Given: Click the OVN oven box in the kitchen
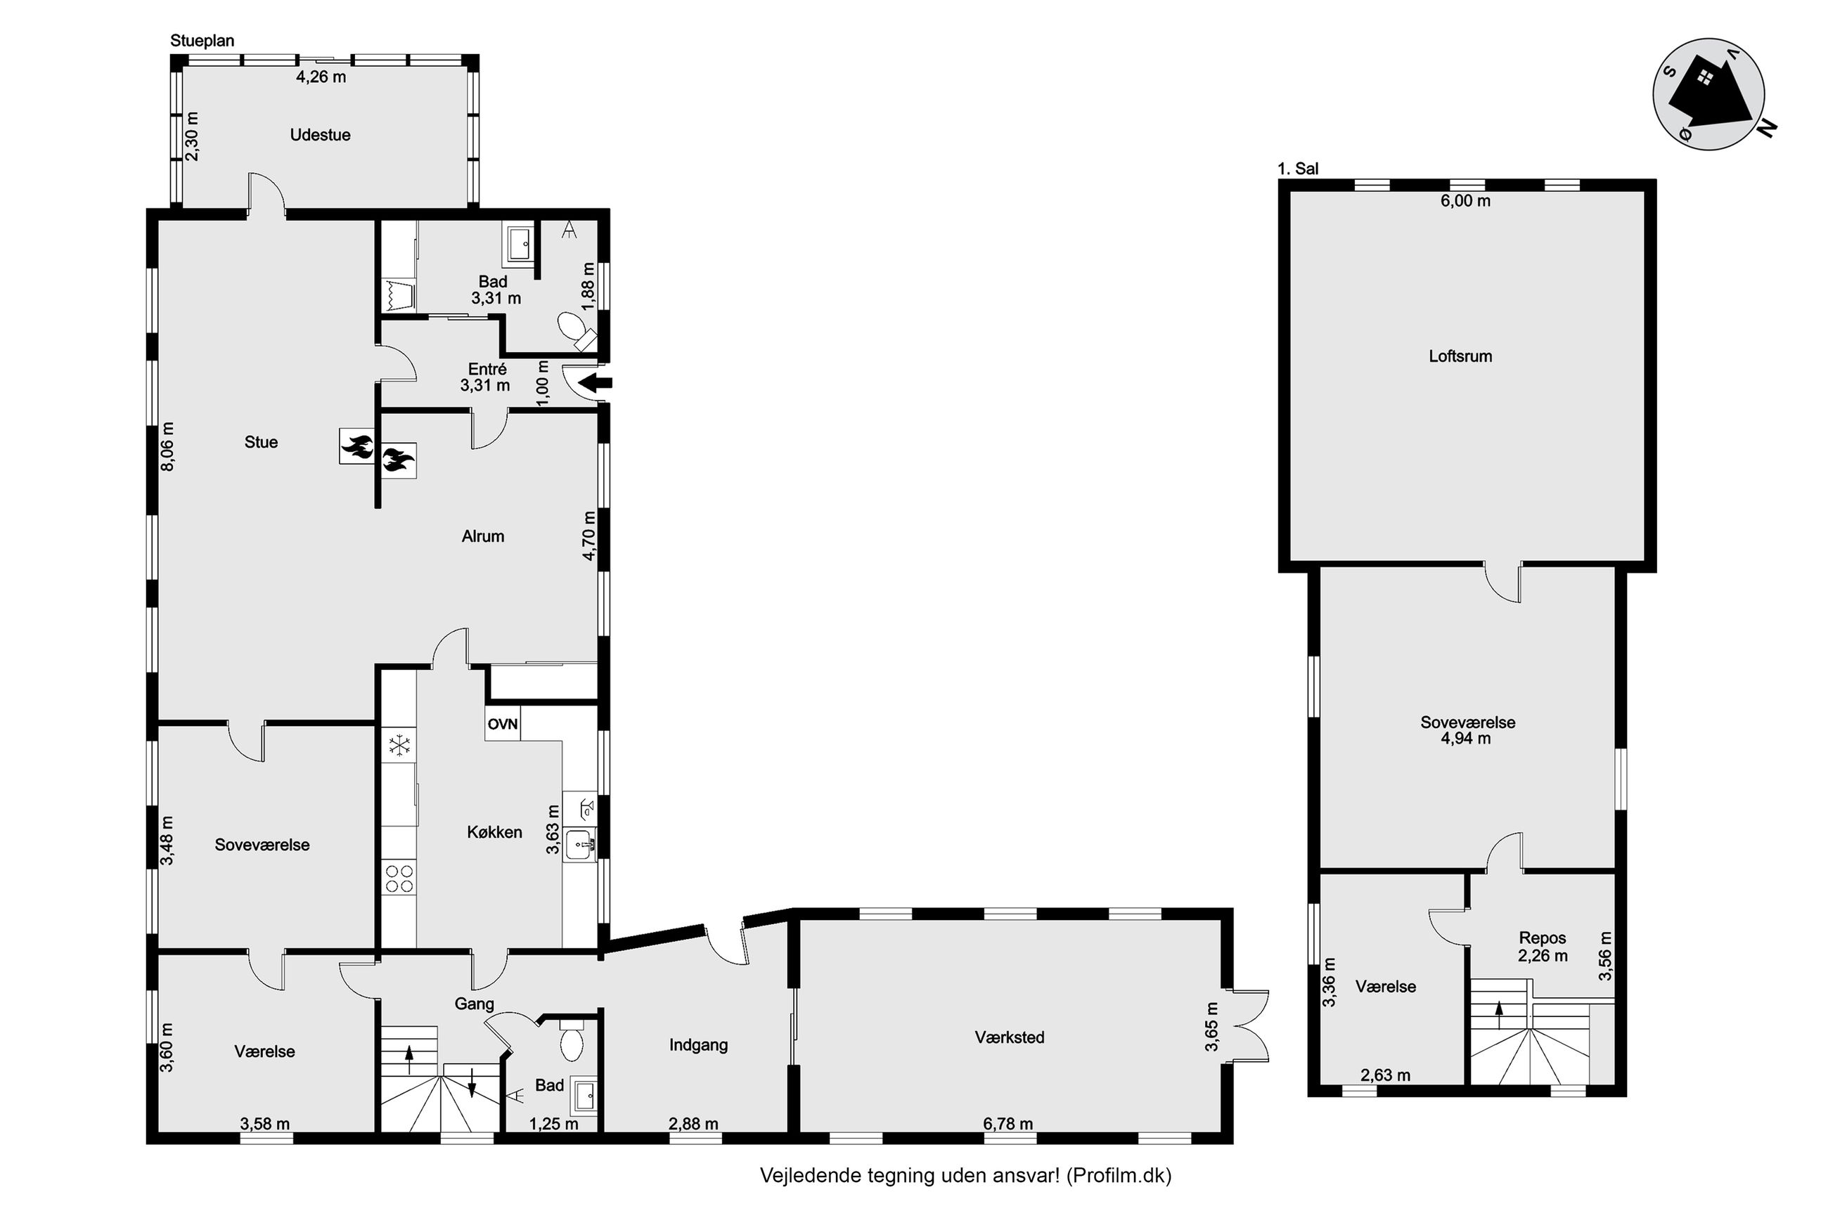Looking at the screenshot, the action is [x=503, y=723].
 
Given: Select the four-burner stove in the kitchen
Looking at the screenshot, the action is [x=399, y=878].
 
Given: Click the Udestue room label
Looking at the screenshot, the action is [x=320, y=134].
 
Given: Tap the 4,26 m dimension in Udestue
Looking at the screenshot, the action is [x=321, y=76].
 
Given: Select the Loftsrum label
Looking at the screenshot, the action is [x=1460, y=356].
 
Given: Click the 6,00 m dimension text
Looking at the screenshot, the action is [x=1465, y=200].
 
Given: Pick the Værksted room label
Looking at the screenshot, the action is [x=1009, y=1037].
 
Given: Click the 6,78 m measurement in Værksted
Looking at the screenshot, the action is [x=1008, y=1123].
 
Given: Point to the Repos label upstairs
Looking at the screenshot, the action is [x=1542, y=938].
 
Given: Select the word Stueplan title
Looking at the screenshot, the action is [x=202, y=40].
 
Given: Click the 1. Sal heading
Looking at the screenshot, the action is [x=1297, y=169].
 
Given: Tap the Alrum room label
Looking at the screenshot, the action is [x=482, y=536].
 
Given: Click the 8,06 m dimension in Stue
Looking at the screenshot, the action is [x=168, y=446].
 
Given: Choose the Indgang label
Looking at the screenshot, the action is [x=698, y=1045].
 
